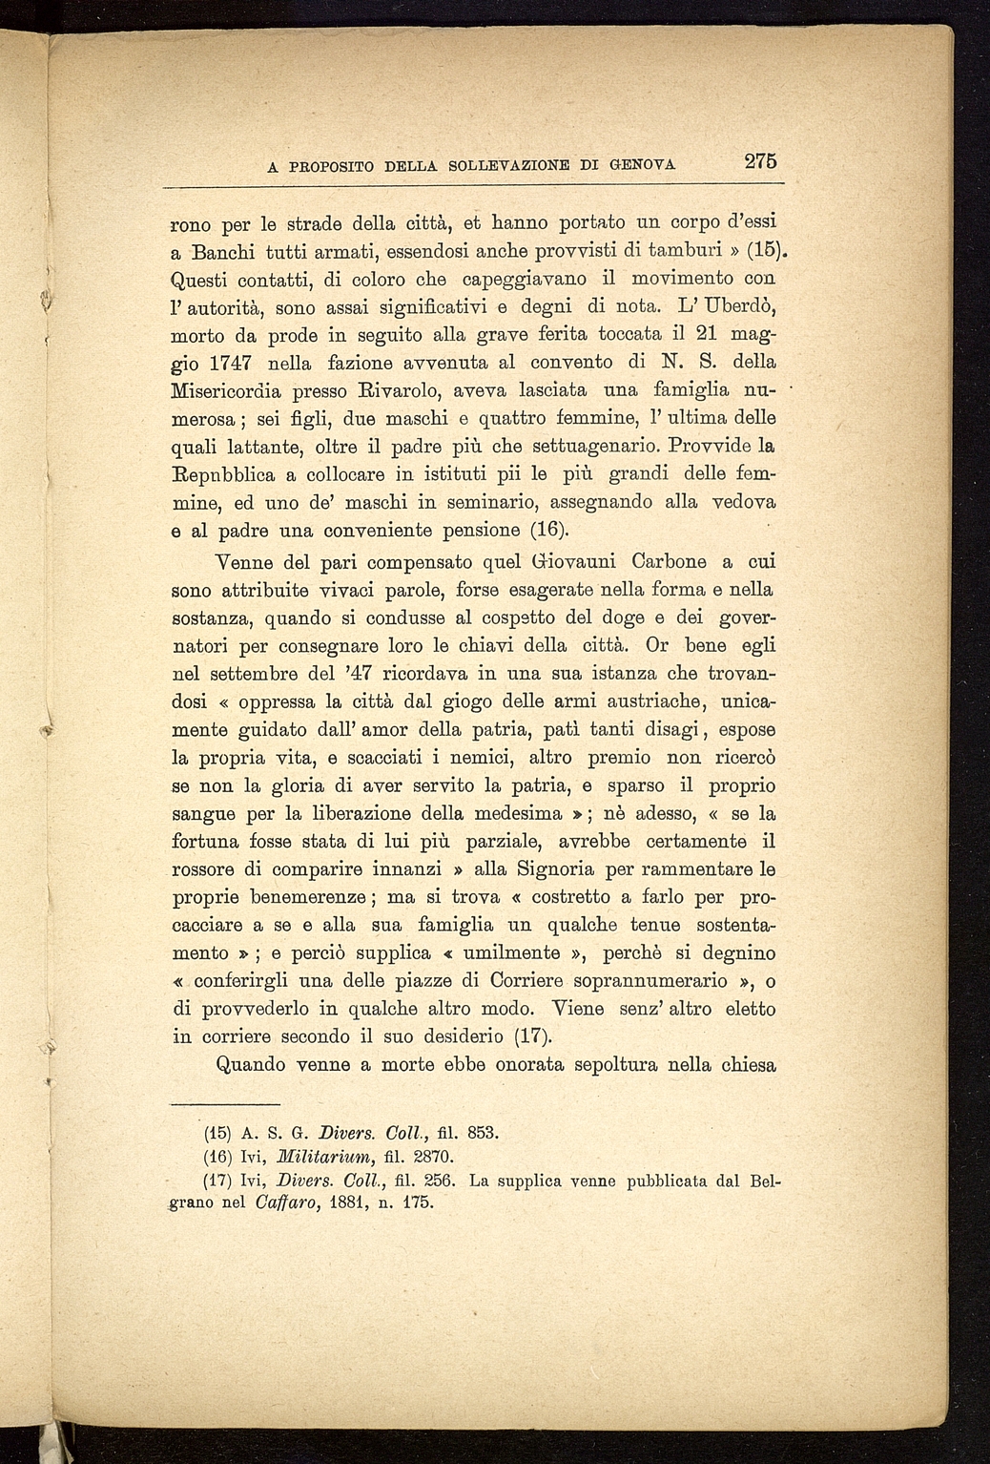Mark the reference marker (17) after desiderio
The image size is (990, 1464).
pyautogui.click(x=539, y=1036)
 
